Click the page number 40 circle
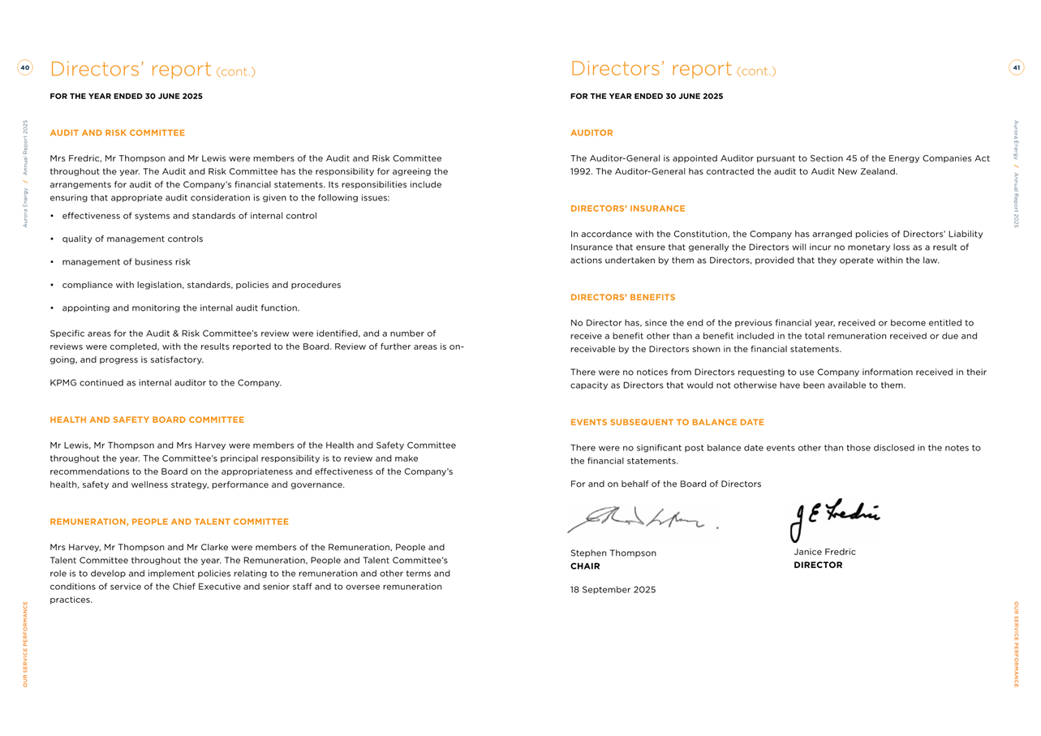point(25,68)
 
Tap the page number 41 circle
point(1016,68)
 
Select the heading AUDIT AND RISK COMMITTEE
point(118,133)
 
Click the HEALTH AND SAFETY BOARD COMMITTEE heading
point(147,420)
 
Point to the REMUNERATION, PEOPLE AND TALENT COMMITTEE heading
point(169,522)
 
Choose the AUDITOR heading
point(591,133)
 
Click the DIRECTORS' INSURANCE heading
point(627,209)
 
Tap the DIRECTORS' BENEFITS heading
point(622,298)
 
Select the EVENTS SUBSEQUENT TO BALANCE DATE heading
point(667,423)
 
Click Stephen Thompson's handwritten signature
point(641,519)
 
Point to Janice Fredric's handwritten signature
point(834,518)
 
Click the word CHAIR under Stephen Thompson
point(585,566)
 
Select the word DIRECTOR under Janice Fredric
point(818,566)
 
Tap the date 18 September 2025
point(613,590)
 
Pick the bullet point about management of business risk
point(126,262)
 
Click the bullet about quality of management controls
point(132,239)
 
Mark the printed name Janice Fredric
point(824,552)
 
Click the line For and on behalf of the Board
point(665,484)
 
